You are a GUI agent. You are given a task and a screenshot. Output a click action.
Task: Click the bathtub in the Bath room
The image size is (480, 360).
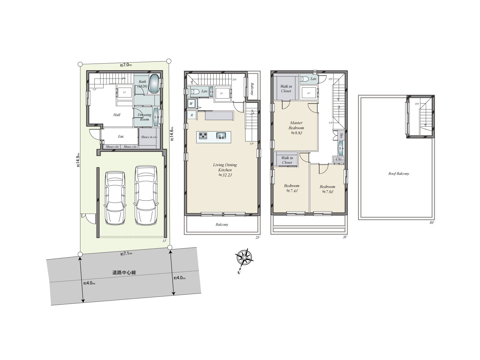pos(154,84)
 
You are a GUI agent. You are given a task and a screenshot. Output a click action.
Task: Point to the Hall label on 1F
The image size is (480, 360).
pos(117,115)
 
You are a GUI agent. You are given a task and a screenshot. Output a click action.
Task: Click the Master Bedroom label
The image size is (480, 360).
pos(296,125)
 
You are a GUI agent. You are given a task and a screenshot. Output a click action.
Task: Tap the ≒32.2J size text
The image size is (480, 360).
pos(225,175)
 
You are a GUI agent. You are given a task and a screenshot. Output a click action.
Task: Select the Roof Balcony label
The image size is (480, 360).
pos(399,174)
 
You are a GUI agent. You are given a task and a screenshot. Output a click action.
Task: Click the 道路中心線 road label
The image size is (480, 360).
pos(124,273)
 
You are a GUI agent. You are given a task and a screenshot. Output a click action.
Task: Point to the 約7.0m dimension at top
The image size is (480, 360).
pos(126,65)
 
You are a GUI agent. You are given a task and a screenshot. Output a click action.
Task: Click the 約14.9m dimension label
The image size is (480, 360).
pos(77,161)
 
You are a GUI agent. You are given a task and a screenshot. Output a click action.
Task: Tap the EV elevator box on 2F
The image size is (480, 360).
pos(222,93)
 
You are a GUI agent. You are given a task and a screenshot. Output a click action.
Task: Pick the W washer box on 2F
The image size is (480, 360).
pos(191,104)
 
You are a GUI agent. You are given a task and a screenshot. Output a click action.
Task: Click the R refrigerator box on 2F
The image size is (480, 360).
pos(192,115)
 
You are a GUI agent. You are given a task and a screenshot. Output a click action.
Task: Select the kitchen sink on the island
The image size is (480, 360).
pos(221,136)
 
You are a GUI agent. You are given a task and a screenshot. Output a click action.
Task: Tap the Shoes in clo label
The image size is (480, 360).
pos(149,137)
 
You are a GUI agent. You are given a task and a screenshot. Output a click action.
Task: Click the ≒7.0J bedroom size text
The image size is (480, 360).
pos(328,192)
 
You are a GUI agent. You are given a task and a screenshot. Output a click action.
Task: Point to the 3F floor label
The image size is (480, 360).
pos(345,237)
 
